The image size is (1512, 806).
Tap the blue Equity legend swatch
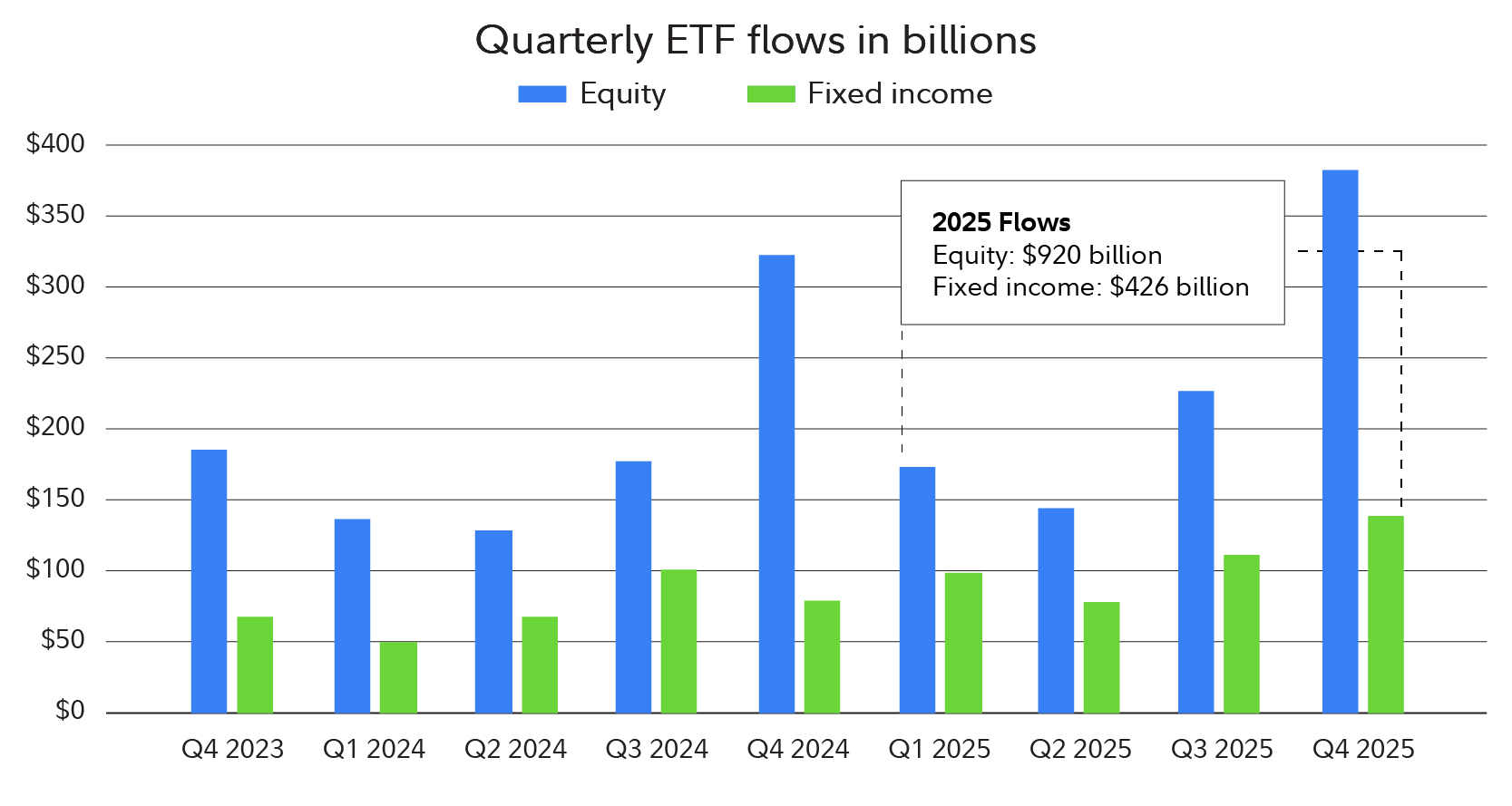541,94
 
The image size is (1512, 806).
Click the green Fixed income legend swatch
770,94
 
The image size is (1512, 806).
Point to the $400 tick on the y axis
55,143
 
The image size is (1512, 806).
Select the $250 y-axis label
55,356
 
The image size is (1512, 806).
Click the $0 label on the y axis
69,711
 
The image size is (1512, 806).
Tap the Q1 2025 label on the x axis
939,750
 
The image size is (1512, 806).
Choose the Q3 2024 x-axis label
657,750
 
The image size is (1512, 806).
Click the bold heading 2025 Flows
1000,223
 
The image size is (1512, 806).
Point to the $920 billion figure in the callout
1091,256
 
